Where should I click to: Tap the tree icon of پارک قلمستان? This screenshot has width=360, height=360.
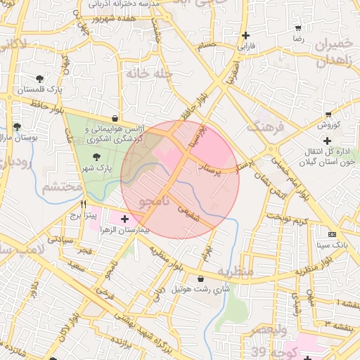[x=39, y=79]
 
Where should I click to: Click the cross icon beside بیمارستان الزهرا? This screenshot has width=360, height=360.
[x=125, y=219]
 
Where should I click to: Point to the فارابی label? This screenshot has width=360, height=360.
[x=245, y=47]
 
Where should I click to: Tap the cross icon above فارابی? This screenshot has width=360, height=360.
[x=245, y=35]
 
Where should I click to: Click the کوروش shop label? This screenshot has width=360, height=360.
[x=328, y=125]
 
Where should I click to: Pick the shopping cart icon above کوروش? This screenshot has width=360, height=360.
[x=328, y=114]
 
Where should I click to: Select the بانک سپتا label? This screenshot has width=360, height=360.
[x=333, y=245]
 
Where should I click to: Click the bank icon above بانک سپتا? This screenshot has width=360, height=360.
[x=333, y=234]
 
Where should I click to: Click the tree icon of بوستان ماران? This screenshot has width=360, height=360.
[x=17, y=127]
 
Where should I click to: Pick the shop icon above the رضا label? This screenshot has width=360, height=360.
[x=298, y=28]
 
